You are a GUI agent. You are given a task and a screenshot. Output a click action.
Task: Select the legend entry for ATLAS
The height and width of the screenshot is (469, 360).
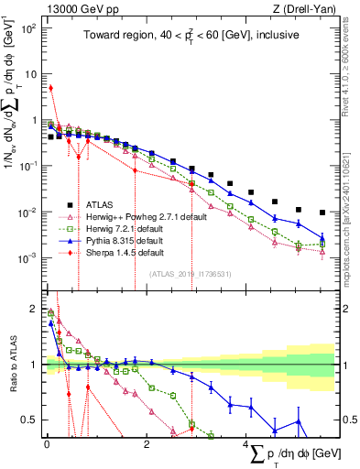pos(106,204)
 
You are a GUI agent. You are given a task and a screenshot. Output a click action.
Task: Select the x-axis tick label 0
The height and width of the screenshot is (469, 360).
pos(47,444)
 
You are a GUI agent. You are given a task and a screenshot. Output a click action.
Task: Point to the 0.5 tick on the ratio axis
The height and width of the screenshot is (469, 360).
pos(31,420)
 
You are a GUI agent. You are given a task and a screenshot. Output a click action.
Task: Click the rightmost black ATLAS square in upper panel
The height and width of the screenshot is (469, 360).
pos(322,213)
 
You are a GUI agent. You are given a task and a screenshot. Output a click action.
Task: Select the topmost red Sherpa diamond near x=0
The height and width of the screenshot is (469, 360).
pos(50,88)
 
